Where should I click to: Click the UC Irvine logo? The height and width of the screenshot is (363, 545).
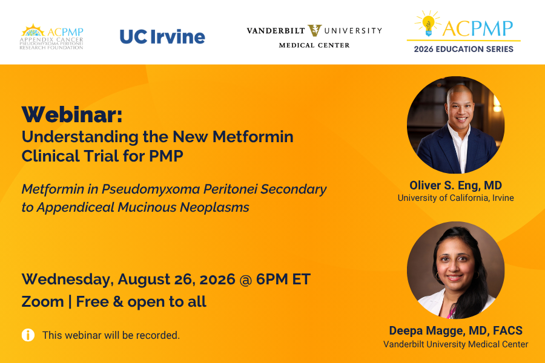click(x=162, y=36)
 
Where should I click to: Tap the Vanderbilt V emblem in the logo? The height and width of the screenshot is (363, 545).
click(x=314, y=31)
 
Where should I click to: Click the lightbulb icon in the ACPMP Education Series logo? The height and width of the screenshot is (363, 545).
click(x=428, y=24)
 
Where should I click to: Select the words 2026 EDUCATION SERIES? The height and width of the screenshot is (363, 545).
click(x=464, y=49)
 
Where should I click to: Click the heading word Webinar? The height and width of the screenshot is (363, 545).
click(x=72, y=114)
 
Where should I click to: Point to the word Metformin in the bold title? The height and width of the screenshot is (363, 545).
click(x=253, y=137)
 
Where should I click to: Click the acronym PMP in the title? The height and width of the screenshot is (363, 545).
click(x=166, y=156)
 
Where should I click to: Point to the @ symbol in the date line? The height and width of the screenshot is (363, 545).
click(x=246, y=280)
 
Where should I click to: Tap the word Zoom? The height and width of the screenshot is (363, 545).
click(x=43, y=301)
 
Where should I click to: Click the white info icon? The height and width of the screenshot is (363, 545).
click(x=28, y=335)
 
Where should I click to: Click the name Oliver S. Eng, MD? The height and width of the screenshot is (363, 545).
click(x=455, y=185)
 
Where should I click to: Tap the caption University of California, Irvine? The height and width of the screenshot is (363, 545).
click(x=455, y=198)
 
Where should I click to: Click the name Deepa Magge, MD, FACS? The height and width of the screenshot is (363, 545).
click(x=455, y=330)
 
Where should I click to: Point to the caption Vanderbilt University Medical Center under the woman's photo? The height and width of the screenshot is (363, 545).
click(x=455, y=344)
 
